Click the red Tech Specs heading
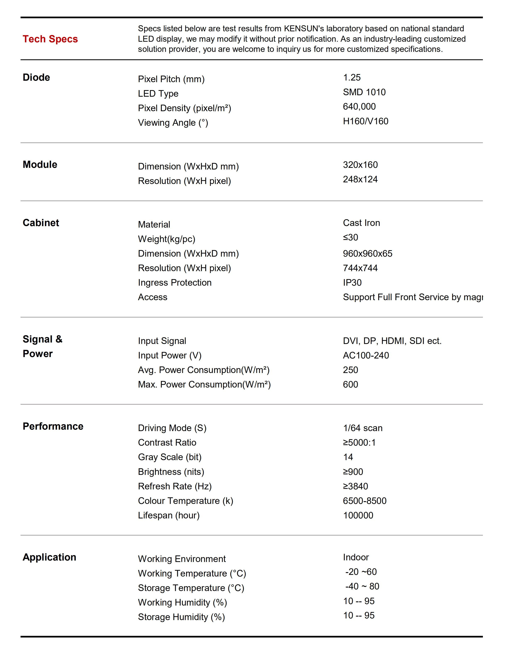click(x=50, y=39)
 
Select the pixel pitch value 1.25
click(x=352, y=78)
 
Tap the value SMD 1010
click(x=364, y=92)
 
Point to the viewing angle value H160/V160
click(x=365, y=121)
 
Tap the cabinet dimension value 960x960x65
click(x=368, y=254)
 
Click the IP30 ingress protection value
click(x=352, y=283)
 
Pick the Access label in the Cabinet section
click(x=153, y=297)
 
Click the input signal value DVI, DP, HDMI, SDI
click(x=392, y=341)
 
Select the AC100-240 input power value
click(x=366, y=355)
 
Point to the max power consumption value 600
click(x=350, y=384)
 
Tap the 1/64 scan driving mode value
click(x=363, y=428)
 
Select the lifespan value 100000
click(x=358, y=515)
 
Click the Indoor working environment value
click(x=356, y=557)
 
